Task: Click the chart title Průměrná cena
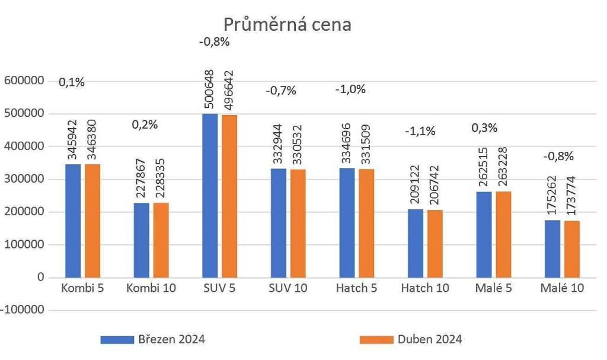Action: tap(287, 24)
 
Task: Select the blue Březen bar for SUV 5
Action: tap(209, 196)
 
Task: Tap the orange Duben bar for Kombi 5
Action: tap(92, 221)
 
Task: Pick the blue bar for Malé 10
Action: tap(552, 249)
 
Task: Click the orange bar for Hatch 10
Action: tap(435, 243)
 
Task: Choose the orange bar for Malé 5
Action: tap(503, 234)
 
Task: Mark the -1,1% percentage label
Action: tap(420, 131)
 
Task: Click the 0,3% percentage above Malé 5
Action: tap(484, 128)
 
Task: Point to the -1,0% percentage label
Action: tap(350, 90)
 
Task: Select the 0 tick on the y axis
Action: tap(40, 277)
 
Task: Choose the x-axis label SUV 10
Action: tap(287, 288)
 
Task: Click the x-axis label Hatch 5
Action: tap(356, 288)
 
